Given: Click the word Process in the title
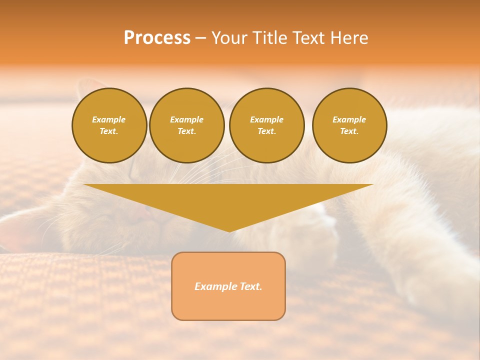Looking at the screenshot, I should pos(157,38).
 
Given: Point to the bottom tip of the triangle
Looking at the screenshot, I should pos(229,230).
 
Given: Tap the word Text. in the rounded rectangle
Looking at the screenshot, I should pos(250,286).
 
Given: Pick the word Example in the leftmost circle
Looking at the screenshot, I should pos(109,119).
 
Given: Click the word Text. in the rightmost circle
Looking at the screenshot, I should pos(349,131).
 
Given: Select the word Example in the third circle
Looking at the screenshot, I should pos(266,119).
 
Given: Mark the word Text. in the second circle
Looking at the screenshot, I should pos(186,131).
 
